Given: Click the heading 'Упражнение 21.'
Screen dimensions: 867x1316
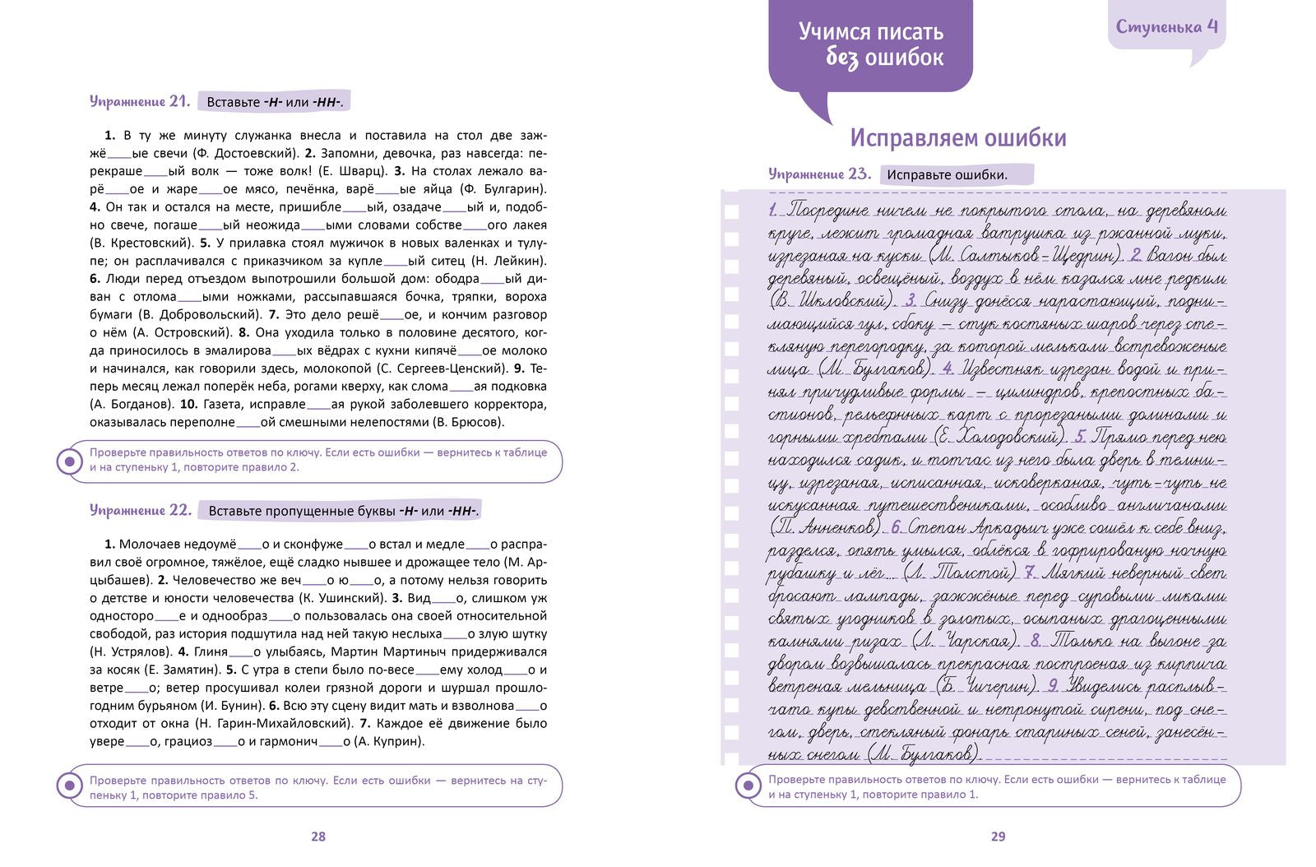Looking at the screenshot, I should coord(140,101).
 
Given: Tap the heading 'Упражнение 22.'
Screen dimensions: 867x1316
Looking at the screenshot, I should coord(140,510).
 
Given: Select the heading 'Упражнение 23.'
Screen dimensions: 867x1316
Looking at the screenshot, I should coord(819,174).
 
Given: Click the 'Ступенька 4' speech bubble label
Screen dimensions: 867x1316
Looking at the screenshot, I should coord(1166,26).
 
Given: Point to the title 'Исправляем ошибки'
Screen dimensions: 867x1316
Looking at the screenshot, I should coord(957,137).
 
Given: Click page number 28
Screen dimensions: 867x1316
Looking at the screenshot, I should coord(318,837).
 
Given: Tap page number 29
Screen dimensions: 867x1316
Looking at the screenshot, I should coord(998,837).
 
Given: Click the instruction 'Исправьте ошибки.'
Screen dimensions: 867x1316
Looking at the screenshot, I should coord(948,174).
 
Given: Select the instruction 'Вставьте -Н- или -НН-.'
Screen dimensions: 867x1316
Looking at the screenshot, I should coord(275,102).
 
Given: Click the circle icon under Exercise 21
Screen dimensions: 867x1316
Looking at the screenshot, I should coord(68,461).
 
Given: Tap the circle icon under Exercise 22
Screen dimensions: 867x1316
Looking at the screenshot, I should coord(68,786).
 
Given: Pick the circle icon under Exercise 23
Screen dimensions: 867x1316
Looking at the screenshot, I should coord(748,786).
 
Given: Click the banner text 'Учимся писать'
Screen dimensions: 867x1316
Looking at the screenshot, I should coord(870,32).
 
